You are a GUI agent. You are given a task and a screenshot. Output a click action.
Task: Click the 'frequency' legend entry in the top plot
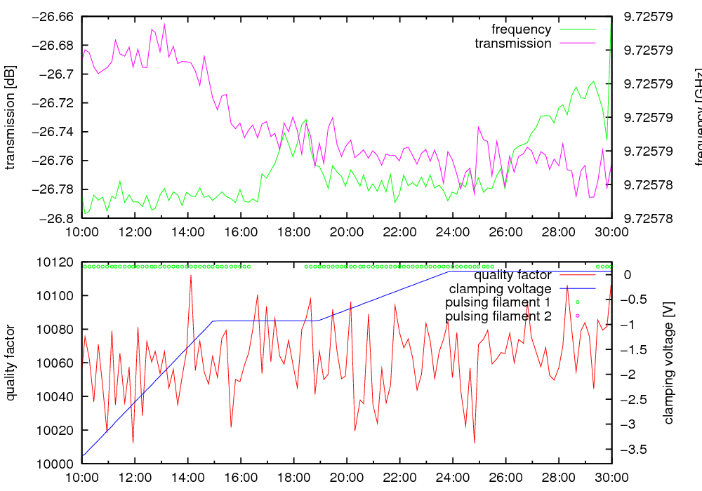click(521, 29)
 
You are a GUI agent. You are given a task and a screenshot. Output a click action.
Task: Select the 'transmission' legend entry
click(512, 43)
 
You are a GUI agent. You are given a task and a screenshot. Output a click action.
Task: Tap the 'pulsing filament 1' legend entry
click(498, 302)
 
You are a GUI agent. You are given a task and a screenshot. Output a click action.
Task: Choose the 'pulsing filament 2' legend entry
click(498, 316)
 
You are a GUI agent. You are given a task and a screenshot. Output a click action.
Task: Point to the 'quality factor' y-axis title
click(10, 363)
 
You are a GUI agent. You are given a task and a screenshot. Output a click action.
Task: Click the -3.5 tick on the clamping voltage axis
click(635, 449)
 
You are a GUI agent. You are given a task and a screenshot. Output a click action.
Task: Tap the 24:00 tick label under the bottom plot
click(453, 478)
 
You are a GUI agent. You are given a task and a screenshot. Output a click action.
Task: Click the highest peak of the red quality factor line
click(191, 275)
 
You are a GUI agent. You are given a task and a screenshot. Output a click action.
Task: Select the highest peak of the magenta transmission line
click(165, 24)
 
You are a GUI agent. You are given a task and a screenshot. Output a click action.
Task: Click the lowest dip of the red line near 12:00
click(133, 443)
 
